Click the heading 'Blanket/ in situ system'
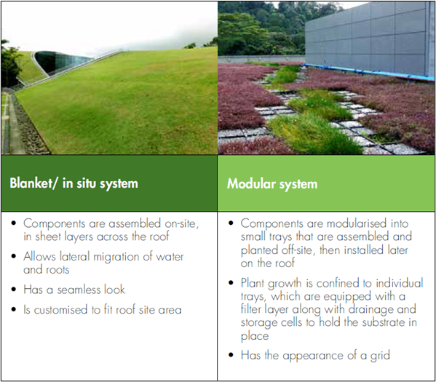(x=74, y=183)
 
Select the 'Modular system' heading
(x=272, y=184)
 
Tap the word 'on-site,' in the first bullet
(x=182, y=223)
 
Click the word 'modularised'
(x=357, y=223)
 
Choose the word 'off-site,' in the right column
(x=298, y=250)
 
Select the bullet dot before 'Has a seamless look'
(x=14, y=290)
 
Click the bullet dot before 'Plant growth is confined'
(x=231, y=283)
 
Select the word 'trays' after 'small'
(x=280, y=237)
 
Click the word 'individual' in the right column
(x=400, y=283)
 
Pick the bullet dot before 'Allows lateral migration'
(x=14, y=256)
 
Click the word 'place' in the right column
(x=255, y=336)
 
